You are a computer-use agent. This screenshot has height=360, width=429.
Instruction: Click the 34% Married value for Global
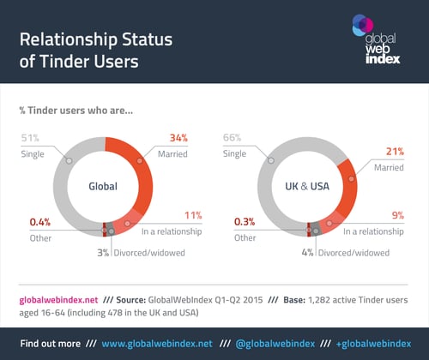178,138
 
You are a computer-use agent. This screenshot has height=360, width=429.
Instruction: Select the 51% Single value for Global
30,138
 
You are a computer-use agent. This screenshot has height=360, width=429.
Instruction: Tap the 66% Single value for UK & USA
232,138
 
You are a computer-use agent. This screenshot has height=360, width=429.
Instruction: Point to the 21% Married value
395,152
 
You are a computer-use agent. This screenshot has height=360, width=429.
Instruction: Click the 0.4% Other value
40,222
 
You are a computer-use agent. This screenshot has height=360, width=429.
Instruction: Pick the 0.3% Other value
245,222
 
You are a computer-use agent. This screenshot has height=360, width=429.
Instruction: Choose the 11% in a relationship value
193,215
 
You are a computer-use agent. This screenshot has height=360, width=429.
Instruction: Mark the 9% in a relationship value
398,215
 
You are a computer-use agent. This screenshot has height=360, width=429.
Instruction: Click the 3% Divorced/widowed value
103,253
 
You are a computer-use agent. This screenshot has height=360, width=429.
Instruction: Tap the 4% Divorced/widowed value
307,253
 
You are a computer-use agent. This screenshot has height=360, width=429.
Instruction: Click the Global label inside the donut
103,186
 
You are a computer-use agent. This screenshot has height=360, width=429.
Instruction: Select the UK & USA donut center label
307,186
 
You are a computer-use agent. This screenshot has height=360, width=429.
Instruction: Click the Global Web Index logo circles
363,25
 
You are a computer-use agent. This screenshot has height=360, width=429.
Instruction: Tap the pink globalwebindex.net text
58,300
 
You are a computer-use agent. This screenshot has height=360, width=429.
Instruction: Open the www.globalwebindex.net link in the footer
157,344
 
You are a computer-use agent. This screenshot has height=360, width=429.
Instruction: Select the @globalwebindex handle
275,344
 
